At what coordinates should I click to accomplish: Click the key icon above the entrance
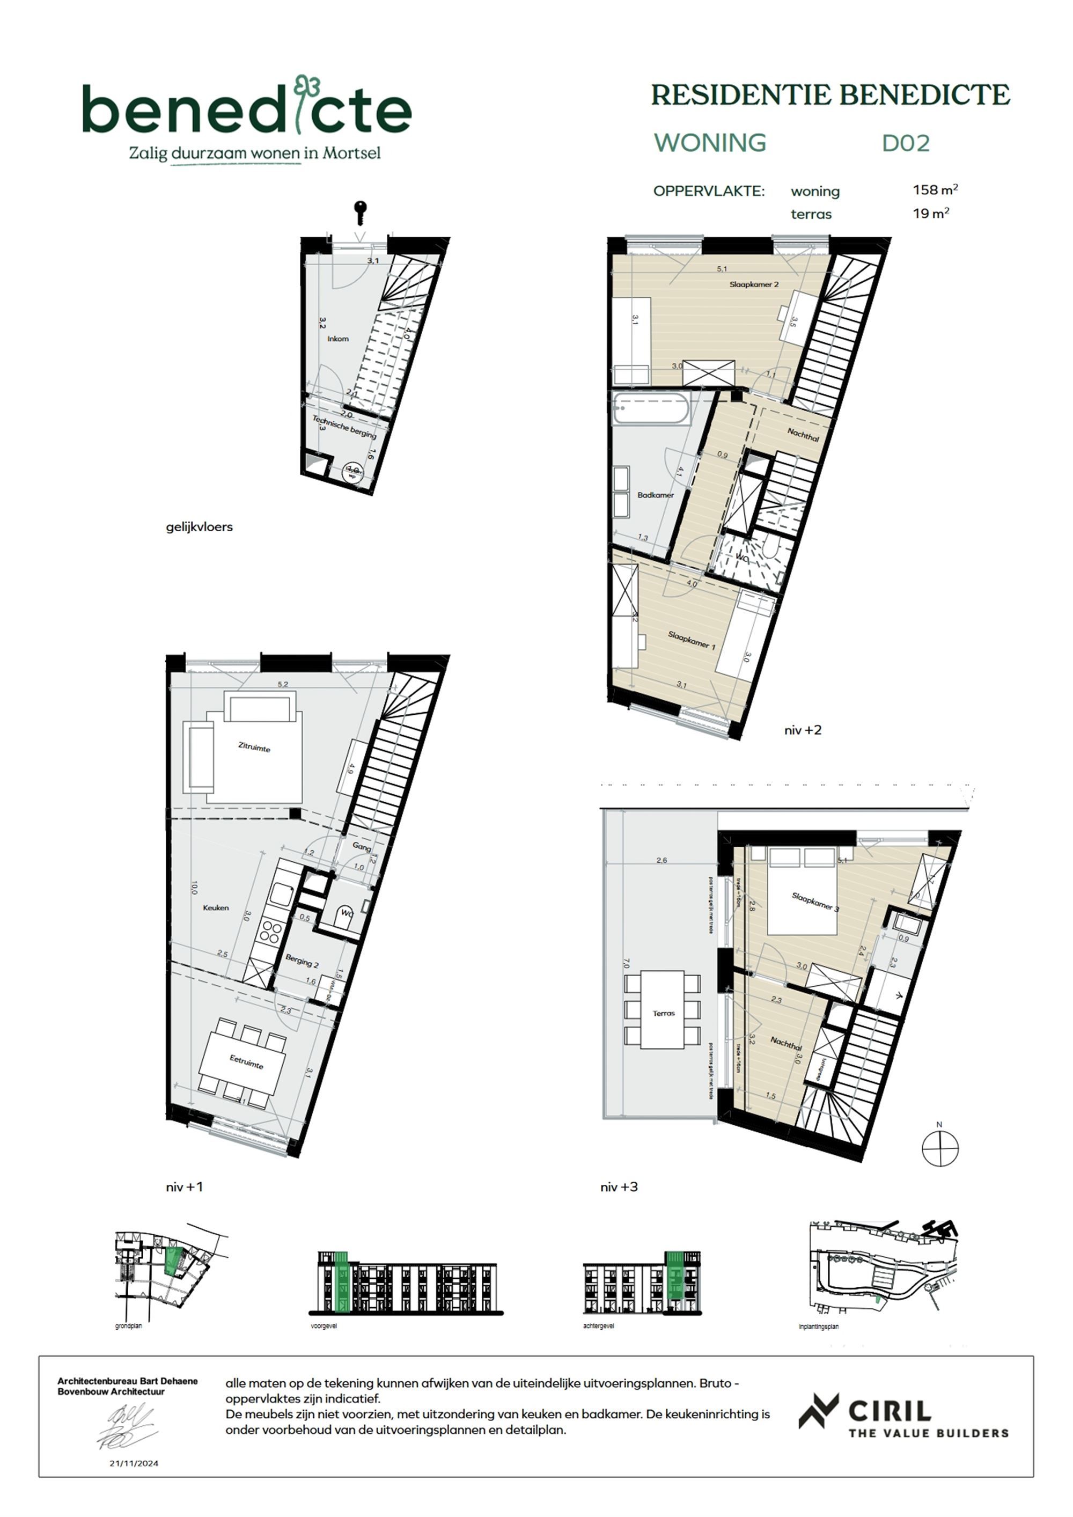[x=360, y=212]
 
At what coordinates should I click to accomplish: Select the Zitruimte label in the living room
[x=254, y=747]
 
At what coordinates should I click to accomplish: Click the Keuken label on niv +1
[x=216, y=908]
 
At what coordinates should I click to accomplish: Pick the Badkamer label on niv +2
[x=656, y=495]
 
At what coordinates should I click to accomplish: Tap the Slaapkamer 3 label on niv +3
[x=815, y=902]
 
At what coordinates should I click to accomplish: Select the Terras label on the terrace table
[x=663, y=1013]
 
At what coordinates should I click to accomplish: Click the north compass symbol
[x=939, y=1148]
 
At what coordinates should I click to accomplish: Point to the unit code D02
[x=906, y=143]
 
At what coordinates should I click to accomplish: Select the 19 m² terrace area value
[x=931, y=214]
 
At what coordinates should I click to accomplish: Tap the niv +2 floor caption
[x=803, y=730]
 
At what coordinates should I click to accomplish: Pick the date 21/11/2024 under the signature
[x=134, y=1463]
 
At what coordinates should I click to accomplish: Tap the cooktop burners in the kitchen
[x=270, y=932]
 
